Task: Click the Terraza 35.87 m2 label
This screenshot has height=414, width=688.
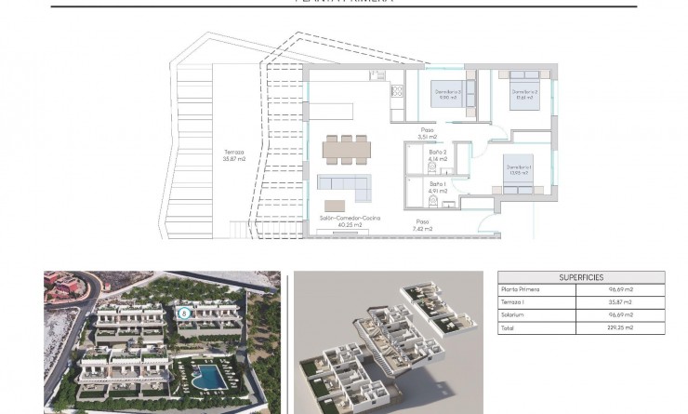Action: (234, 155)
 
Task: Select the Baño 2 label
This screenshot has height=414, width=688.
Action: (437, 154)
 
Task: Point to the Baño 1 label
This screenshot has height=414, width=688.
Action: (437, 188)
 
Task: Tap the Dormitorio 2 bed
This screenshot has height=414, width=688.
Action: (523, 91)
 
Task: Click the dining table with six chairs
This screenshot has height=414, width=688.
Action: (345, 148)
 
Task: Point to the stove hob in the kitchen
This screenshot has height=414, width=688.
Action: (398, 91)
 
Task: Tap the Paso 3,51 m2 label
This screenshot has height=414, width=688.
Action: (427, 133)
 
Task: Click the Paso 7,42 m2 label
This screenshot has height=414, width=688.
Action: (423, 224)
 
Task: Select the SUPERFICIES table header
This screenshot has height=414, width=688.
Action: (582, 277)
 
